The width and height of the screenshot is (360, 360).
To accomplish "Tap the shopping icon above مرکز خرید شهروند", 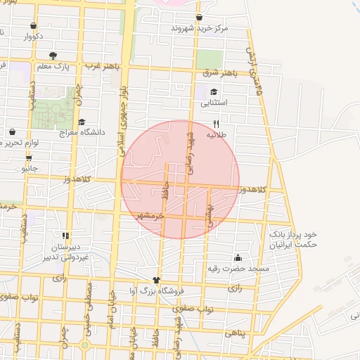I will tap(200, 17).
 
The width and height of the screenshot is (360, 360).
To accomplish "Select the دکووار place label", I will tap(34, 36).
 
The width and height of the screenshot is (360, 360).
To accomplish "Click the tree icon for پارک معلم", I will tap(53, 55).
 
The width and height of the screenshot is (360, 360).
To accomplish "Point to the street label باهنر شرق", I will tap(220, 73).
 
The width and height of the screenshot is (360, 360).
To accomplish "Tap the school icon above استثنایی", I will tap(214, 91).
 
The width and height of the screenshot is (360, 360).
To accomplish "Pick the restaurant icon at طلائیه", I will tap(216, 122).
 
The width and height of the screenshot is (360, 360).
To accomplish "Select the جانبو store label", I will tap(30, 169).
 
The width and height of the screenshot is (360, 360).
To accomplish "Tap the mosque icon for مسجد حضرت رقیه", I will tap(238, 257).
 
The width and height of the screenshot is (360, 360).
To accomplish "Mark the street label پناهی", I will tap(236, 335).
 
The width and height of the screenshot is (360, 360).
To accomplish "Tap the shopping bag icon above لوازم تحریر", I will tap(12, 131).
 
